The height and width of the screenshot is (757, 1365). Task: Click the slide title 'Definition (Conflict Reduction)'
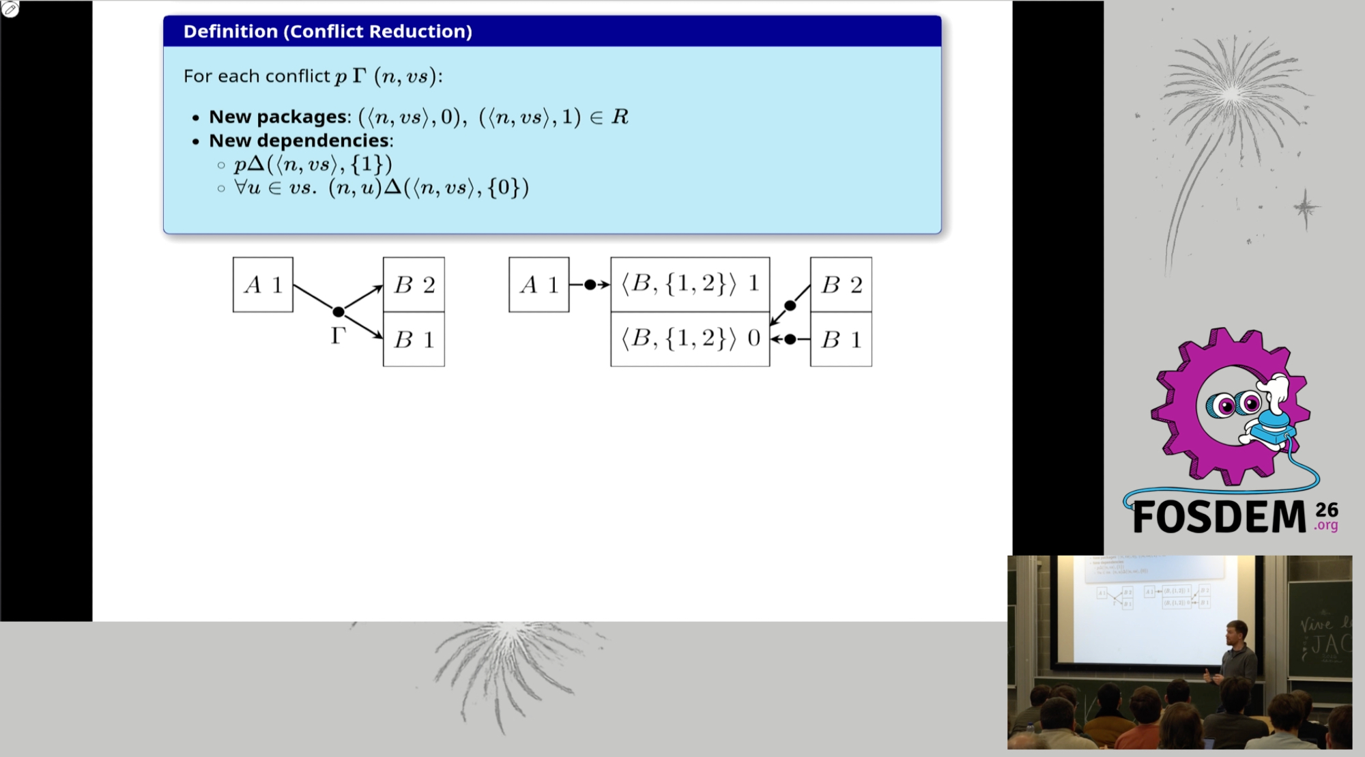point(328,31)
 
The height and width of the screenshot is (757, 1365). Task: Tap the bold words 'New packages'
point(278,117)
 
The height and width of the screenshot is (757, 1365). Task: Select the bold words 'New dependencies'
point(299,141)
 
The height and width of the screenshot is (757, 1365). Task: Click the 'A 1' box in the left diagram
point(263,285)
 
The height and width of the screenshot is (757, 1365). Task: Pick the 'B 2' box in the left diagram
point(414,285)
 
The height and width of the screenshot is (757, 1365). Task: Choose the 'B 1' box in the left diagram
point(414,339)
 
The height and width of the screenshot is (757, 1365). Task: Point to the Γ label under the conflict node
point(338,336)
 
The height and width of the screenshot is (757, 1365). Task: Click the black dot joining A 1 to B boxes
point(338,312)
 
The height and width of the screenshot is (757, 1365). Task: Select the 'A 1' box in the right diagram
point(539,285)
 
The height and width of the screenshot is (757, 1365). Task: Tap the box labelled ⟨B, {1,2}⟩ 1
point(690,285)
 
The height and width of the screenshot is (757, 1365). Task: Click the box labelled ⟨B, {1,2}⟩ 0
point(690,339)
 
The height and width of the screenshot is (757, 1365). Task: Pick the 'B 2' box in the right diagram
point(841,285)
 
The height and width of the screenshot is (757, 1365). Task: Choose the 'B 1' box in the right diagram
point(841,339)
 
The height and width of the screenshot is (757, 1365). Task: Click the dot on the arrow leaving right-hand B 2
point(790,306)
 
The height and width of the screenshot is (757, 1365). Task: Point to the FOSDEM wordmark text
point(1219,517)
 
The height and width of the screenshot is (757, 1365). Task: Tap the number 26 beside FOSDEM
point(1327,510)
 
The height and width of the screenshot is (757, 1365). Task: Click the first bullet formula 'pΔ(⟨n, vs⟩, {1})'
point(313,165)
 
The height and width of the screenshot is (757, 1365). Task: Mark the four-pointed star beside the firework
point(1306,208)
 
